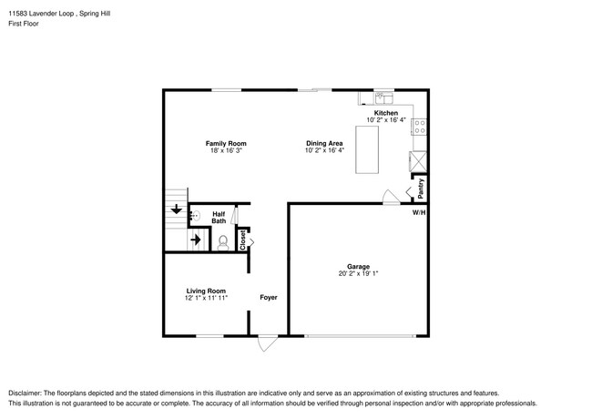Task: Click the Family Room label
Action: [225, 143]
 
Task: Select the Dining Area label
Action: [323, 143]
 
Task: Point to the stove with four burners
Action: [421, 128]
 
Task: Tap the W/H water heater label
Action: [418, 211]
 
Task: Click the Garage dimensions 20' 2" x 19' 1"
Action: [358, 272]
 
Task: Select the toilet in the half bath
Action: [223, 241]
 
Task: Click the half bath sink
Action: [194, 217]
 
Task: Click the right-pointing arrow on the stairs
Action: [194, 240]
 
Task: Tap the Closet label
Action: [242, 240]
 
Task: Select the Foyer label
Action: [269, 297]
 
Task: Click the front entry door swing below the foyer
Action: [267, 343]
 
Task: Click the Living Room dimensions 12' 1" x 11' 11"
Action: [206, 297]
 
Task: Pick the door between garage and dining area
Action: [390, 196]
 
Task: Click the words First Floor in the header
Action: [25, 24]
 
